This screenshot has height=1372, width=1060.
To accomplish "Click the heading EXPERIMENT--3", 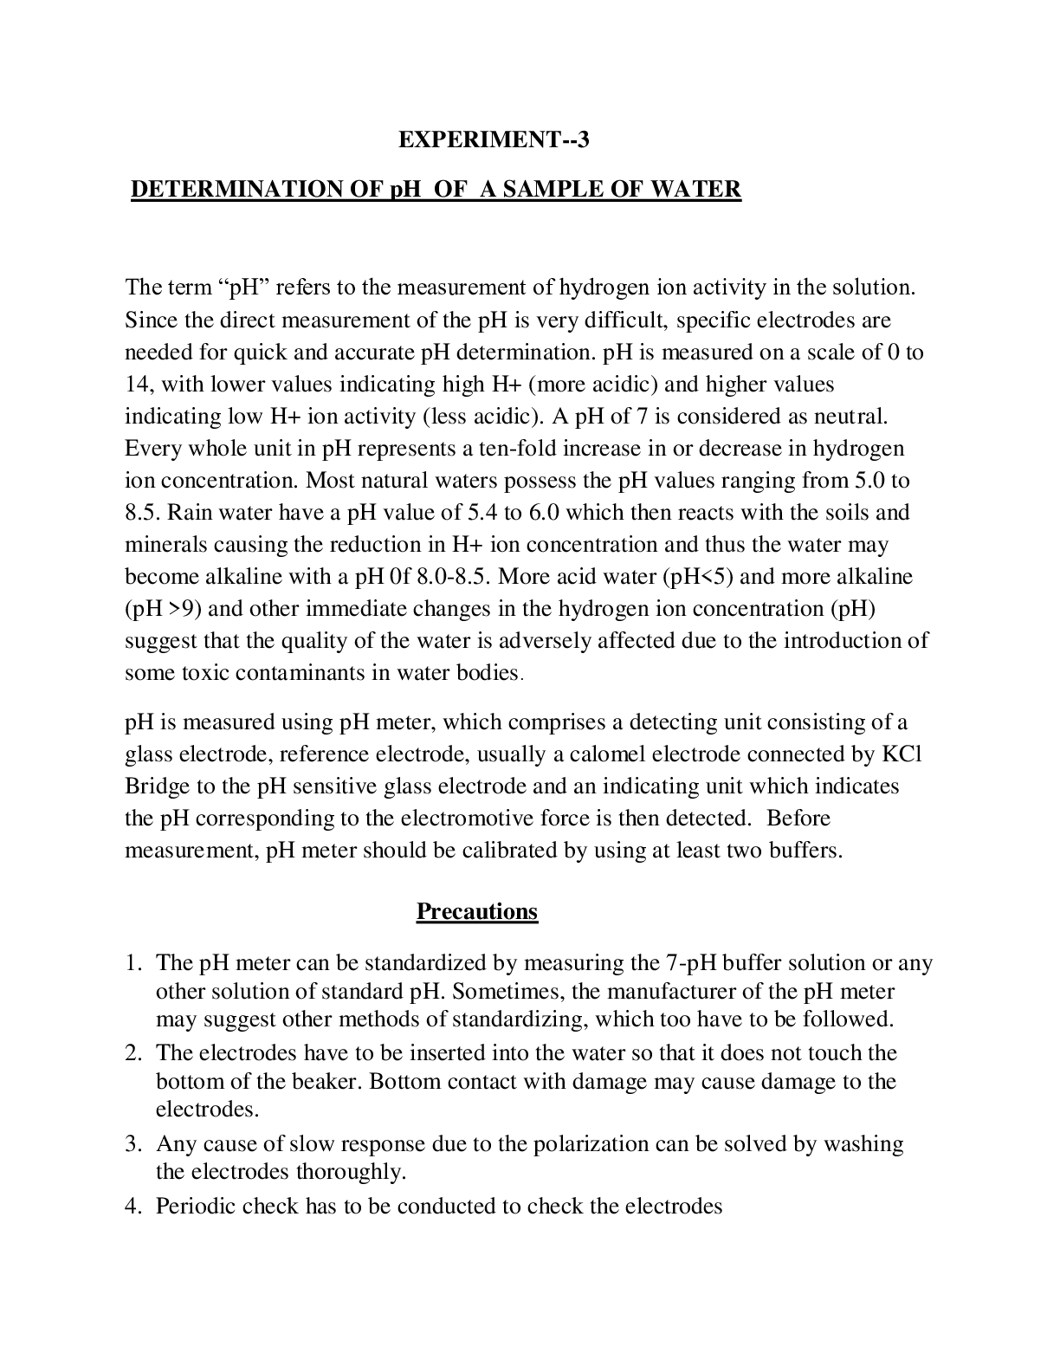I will pos(493,139).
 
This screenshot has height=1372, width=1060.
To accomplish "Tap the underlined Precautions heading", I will pos(477,911).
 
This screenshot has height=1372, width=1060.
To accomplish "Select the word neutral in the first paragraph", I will pos(849,416).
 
